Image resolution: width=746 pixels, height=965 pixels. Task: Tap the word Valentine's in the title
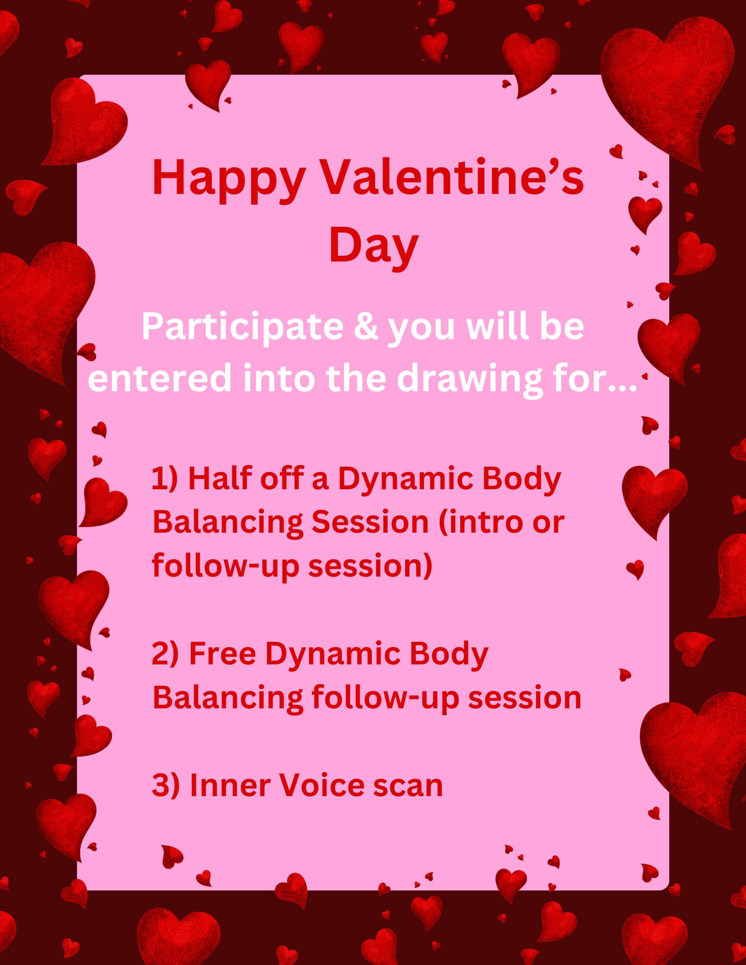pos(452,177)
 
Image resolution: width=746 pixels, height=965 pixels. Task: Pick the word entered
pos(160,378)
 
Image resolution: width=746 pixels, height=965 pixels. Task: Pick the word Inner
pos(230,785)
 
